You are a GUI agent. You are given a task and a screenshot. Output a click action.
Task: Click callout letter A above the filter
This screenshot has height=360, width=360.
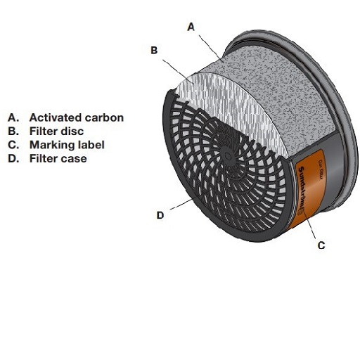click(190, 27)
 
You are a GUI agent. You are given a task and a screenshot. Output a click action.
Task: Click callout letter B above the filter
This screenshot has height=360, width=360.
click(154, 50)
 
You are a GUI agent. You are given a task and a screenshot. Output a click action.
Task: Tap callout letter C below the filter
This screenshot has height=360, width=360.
click(321, 246)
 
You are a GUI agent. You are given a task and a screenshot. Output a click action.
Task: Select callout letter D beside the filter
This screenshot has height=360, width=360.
click(160, 215)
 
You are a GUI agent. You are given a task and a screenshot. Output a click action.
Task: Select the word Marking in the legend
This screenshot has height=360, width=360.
click(51, 145)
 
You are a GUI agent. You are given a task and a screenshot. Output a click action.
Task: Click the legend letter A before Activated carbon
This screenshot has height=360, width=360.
click(12, 117)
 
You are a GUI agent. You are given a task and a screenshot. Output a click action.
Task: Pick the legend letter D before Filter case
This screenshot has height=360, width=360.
click(12, 159)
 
